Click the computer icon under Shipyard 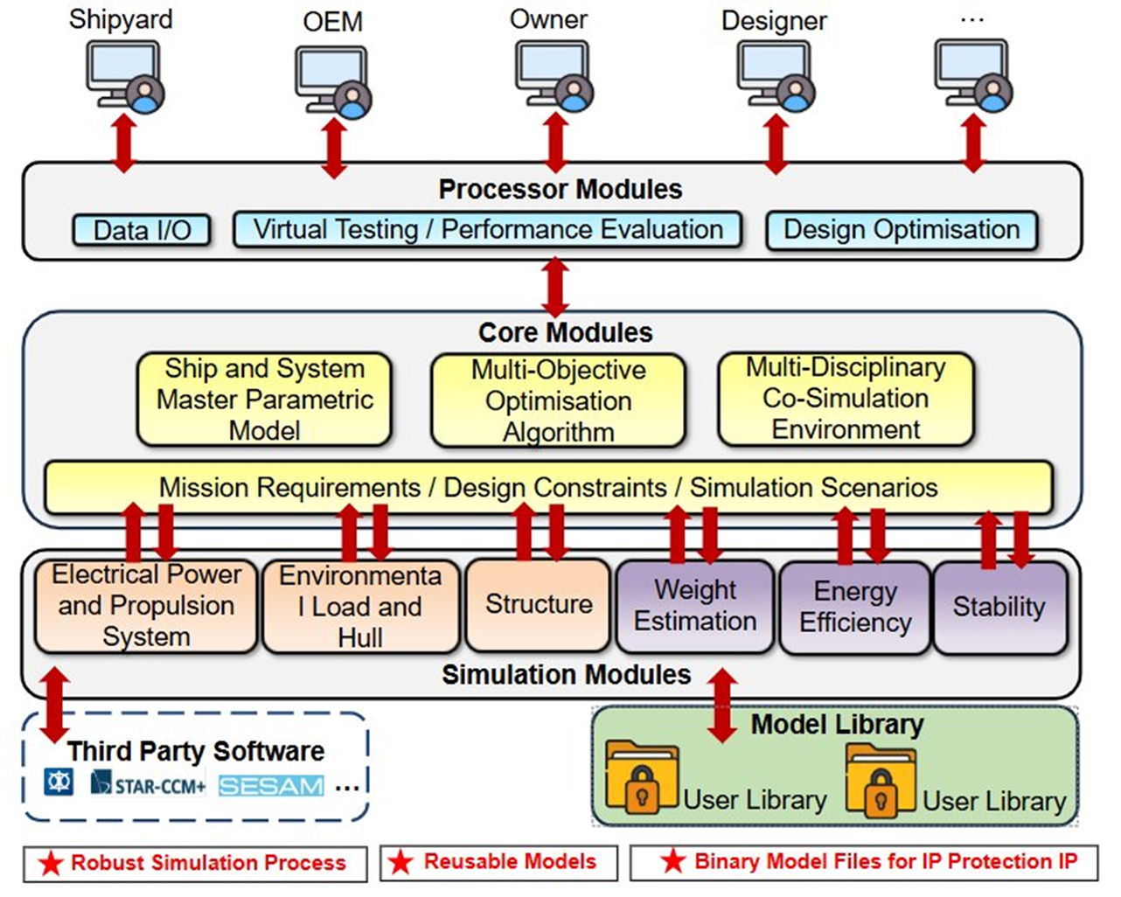tap(125, 77)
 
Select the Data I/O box tap(142, 230)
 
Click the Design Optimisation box tap(902, 230)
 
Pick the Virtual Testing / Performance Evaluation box tap(488, 230)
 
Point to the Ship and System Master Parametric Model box tap(264, 400)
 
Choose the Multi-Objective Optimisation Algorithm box tap(558, 400)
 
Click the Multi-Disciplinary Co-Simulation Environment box tap(845, 399)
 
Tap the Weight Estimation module tap(695, 606)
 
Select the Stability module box tap(999, 607)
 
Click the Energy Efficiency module tap(854, 607)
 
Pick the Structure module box tap(538, 605)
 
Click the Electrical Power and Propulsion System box tap(146, 606)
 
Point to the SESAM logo tap(271, 786)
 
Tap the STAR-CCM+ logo tap(148, 783)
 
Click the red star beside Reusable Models tap(400, 862)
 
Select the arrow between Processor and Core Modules tap(555, 287)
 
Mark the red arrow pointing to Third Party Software tap(54, 705)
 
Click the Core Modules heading tap(565, 333)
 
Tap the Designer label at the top tap(774, 20)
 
